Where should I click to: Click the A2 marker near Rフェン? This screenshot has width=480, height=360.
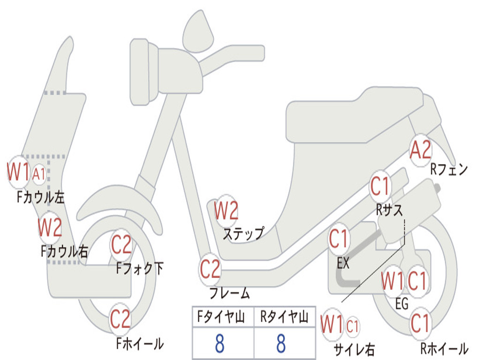[420, 150]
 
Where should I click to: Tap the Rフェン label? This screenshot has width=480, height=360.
[450, 170]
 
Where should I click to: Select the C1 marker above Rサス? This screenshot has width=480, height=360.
[380, 187]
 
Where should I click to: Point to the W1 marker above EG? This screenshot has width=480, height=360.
[392, 281]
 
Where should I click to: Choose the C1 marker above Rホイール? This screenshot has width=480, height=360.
[420, 323]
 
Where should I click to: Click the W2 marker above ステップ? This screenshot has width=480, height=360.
[226, 211]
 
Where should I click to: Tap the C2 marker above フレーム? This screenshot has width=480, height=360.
[210, 269]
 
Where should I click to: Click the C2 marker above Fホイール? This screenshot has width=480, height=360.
[120, 319]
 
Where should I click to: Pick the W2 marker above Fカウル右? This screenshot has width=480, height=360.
[50, 227]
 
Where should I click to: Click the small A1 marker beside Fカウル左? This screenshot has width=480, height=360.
[39, 174]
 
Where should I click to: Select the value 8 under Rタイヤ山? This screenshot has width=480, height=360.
[281, 344]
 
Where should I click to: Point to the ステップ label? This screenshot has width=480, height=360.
[243, 233]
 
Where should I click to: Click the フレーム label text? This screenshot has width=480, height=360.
[229, 294]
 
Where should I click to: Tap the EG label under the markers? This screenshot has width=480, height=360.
[402, 304]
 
